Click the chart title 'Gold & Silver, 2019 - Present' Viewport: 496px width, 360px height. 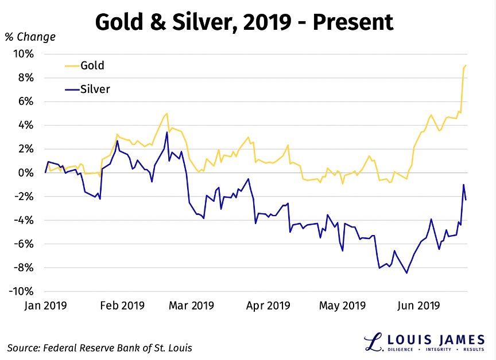[244, 22]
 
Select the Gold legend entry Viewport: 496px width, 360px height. [92, 65]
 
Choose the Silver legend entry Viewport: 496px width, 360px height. [95, 89]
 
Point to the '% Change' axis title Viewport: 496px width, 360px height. [30, 37]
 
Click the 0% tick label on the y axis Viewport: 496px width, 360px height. [27, 173]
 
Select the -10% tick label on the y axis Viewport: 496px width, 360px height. [22, 291]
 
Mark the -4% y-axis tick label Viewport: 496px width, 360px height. [25, 220]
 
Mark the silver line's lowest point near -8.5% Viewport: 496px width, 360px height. [407, 273]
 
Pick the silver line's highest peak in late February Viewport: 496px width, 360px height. [167, 132]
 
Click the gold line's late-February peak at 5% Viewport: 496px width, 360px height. [166, 114]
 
